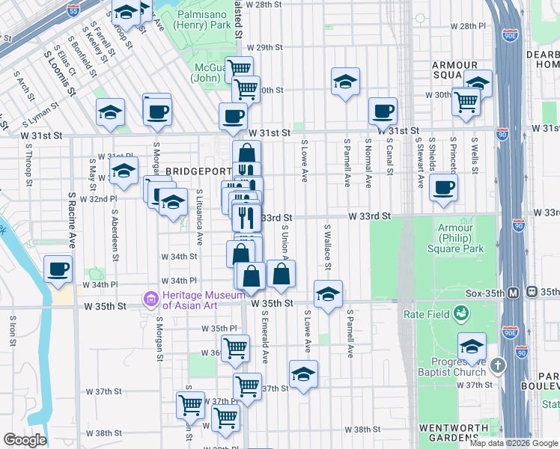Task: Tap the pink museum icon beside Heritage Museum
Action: (150, 301)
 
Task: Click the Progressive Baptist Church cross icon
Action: (499, 366)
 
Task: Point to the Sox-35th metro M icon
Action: (514, 292)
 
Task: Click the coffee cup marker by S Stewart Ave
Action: (443, 187)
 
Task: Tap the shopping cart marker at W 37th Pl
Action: (190, 405)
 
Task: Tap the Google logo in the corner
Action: (25, 440)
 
